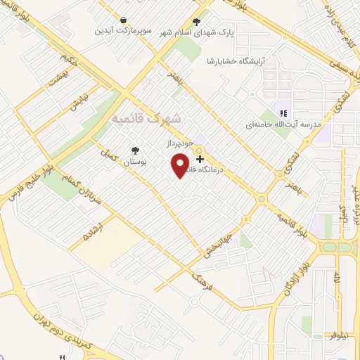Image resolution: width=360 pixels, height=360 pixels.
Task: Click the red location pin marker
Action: [181, 165]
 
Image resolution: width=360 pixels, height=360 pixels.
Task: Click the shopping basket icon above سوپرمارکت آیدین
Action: [124, 20]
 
